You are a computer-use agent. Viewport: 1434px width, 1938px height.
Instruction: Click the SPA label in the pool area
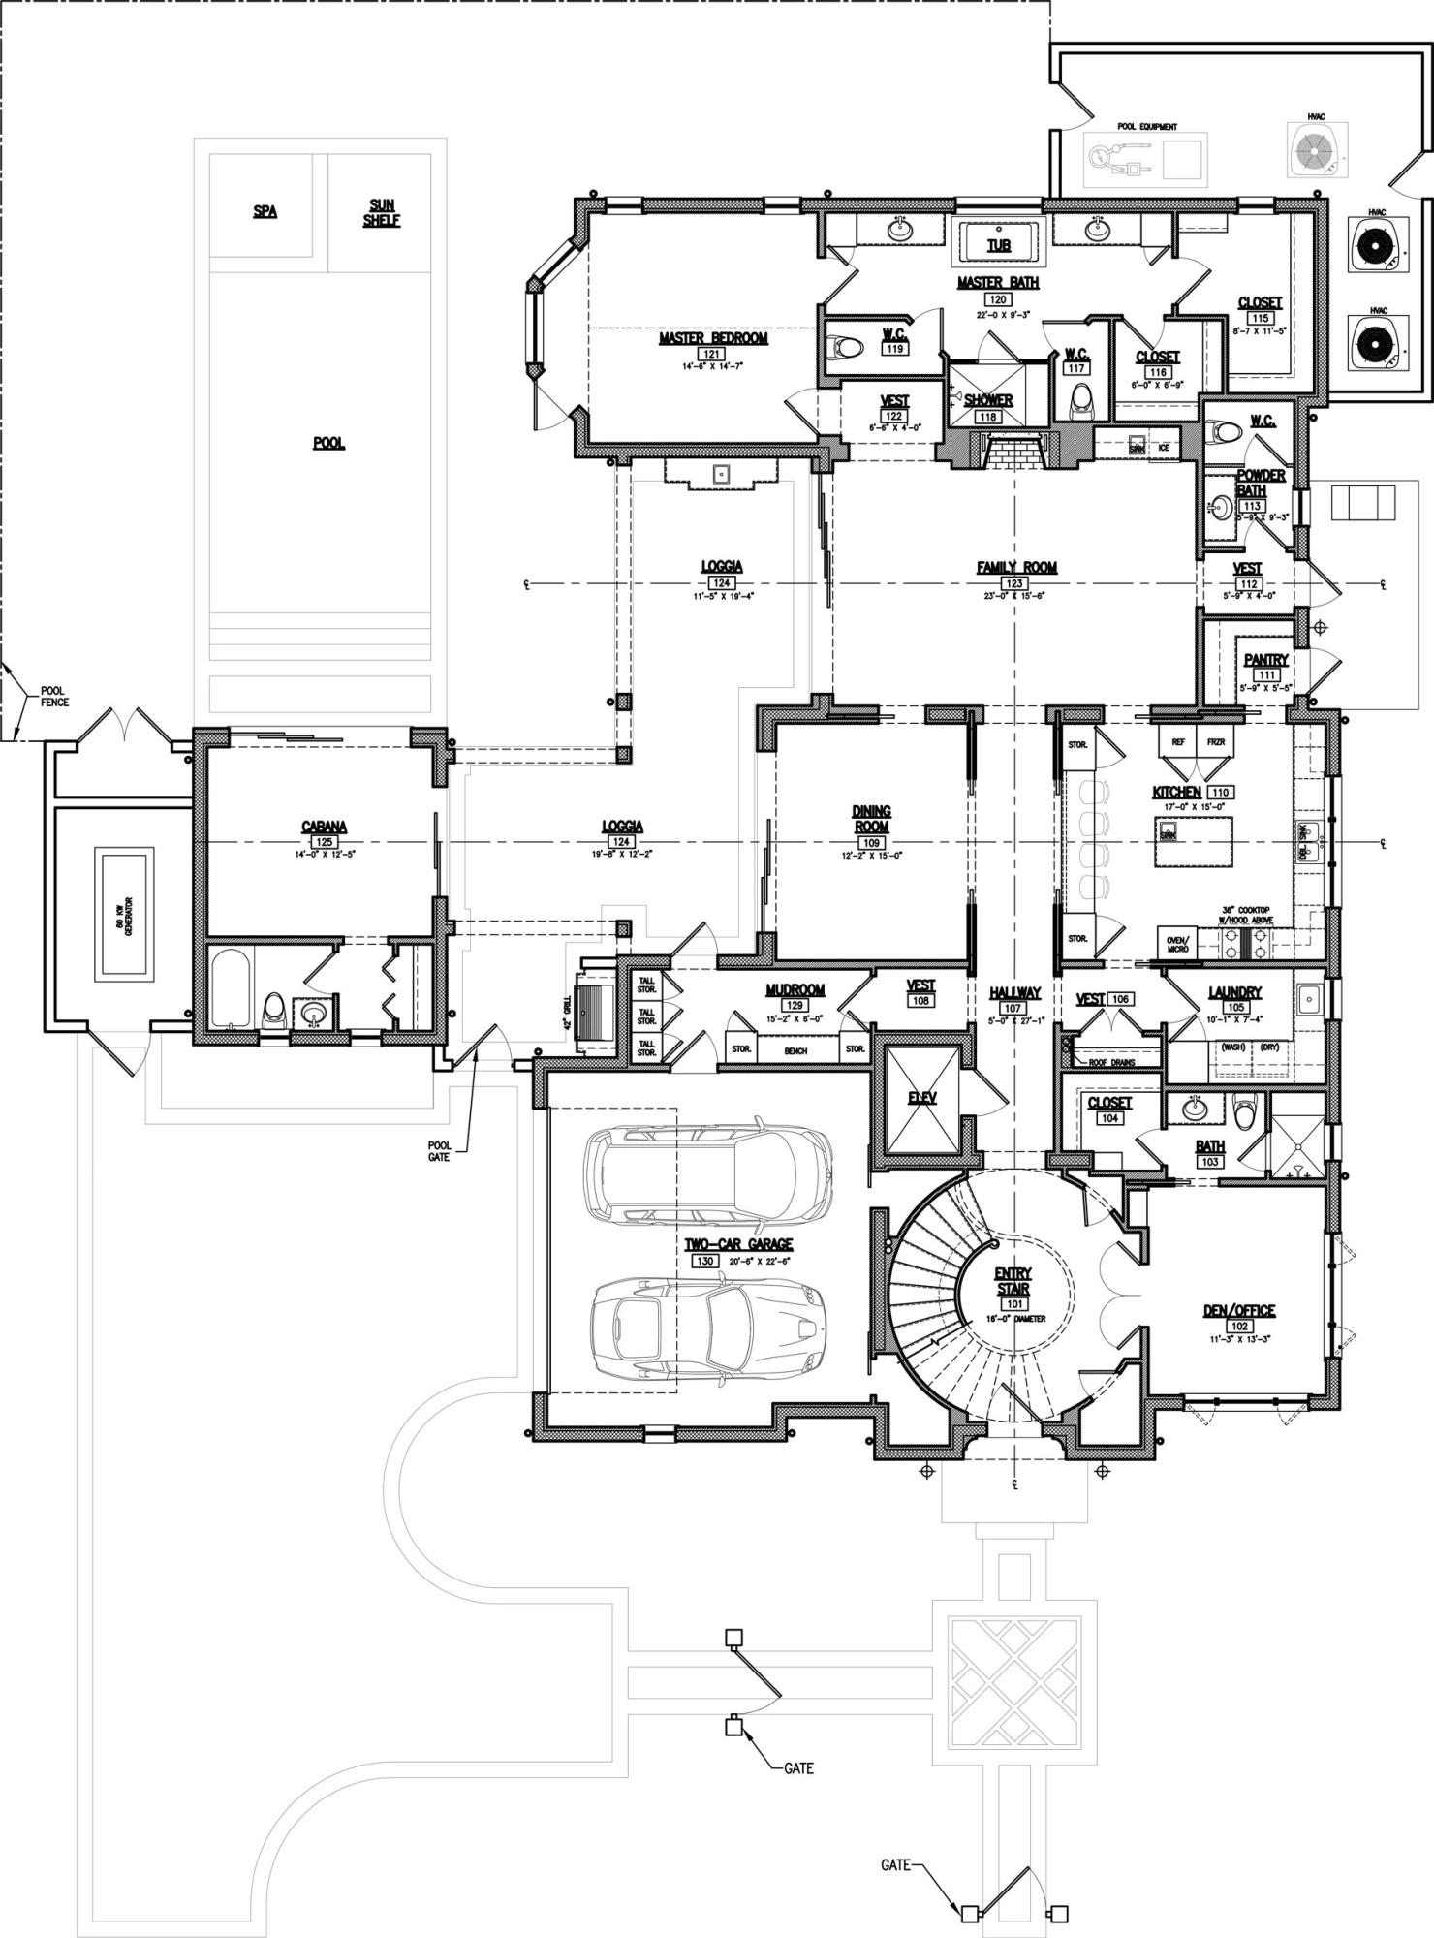(265, 211)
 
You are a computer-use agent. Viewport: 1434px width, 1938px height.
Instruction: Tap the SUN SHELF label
(382, 212)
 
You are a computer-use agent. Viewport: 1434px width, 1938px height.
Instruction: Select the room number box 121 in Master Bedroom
(713, 355)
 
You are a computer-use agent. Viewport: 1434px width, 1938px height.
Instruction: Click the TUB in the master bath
(998, 244)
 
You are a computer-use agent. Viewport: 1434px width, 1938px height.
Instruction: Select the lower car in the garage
(707, 1324)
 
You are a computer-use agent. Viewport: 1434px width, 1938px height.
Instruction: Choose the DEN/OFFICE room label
(1238, 1310)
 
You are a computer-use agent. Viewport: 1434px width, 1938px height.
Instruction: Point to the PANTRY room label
(1265, 660)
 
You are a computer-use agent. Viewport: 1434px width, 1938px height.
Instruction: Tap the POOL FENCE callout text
(54, 697)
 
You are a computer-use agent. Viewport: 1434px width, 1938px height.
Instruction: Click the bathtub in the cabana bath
(232, 989)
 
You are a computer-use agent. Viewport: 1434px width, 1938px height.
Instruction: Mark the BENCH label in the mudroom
(795, 1050)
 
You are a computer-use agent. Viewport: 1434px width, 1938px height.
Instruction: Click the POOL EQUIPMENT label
(1146, 127)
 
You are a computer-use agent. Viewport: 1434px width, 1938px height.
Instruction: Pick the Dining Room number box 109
(871, 842)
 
